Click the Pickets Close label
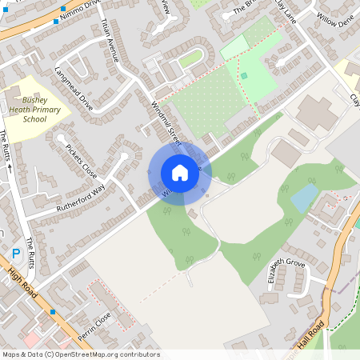coord(81,161)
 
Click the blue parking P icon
coord(16,254)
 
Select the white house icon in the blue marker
coord(180,173)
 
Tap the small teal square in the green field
coord(244,75)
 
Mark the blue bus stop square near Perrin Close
coord(53,310)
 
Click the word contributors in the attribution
coord(136,354)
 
